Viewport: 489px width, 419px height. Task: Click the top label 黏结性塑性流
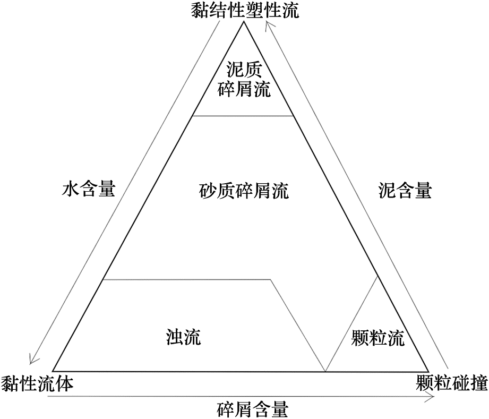(x=245, y=10)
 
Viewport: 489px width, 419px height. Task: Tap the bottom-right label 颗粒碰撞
(x=452, y=382)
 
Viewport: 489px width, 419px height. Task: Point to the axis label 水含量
(x=89, y=190)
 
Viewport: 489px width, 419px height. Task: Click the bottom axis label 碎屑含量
(x=253, y=409)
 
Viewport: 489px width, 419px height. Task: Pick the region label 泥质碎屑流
(x=244, y=80)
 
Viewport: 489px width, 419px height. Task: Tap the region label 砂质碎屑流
(x=244, y=191)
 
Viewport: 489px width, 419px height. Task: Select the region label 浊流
(x=184, y=337)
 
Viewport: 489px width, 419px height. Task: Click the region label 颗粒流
(x=378, y=338)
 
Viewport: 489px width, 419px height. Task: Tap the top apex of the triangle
(x=244, y=22)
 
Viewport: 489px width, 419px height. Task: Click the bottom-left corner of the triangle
(x=53, y=372)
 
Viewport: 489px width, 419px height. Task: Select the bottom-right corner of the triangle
(x=429, y=372)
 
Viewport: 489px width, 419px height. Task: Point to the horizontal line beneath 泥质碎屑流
(x=243, y=116)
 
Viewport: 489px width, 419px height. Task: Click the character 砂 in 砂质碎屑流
(x=208, y=191)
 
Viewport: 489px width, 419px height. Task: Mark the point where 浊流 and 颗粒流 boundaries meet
(x=325, y=371)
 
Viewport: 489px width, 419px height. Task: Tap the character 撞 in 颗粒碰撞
(x=479, y=382)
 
